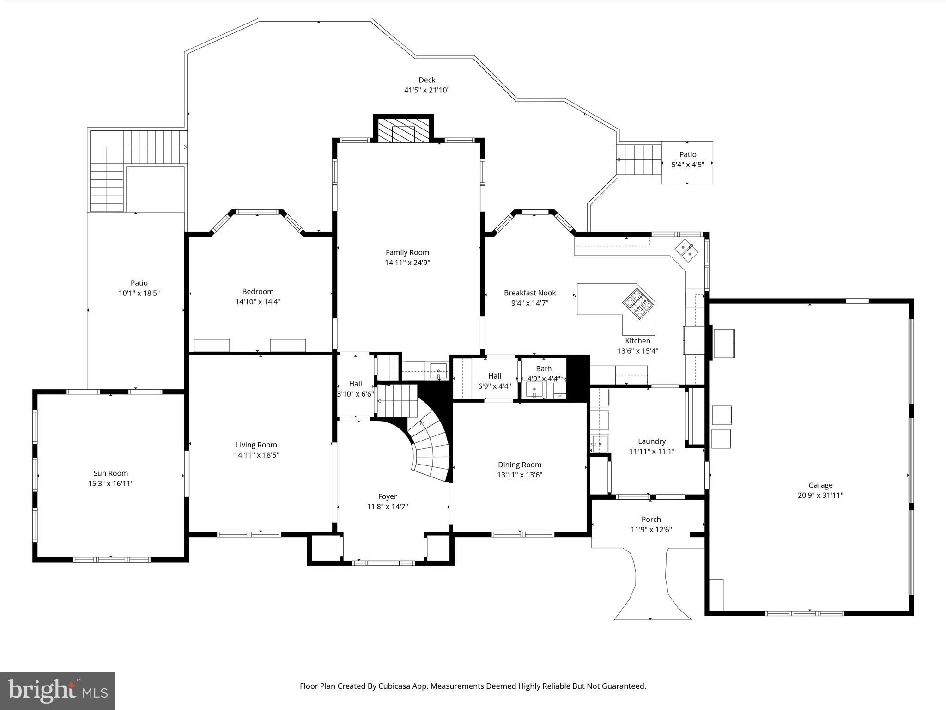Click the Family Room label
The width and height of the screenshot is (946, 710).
tap(407, 252)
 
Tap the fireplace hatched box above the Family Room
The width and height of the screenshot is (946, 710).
tap(403, 130)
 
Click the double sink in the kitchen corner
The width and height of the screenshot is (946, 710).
tap(686, 250)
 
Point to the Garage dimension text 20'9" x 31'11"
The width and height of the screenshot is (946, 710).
tap(820, 495)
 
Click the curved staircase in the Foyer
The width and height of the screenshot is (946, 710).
tap(430, 446)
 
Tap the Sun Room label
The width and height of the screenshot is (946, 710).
tap(110, 473)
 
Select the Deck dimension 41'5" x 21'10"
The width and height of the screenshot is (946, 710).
tap(427, 90)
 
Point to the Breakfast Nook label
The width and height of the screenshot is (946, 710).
tap(529, 293)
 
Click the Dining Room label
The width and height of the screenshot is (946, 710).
tap(519, 465)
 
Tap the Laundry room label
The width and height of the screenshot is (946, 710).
tap(651, 441)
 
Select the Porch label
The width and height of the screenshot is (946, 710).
tap(651, 519)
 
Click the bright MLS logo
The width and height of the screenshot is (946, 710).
tap(58, 691)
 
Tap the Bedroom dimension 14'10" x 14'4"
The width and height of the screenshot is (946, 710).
tap(258, 301)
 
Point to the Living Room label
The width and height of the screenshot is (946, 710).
tap(256, 445)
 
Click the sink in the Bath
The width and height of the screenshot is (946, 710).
tap(534, 390)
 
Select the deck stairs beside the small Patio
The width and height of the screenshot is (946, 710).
tap(639, 159)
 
